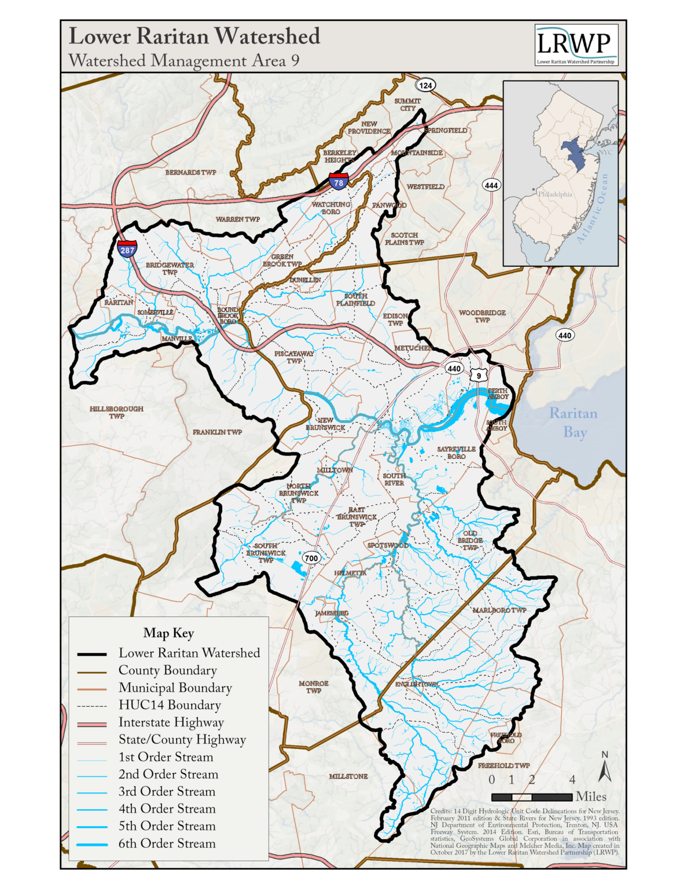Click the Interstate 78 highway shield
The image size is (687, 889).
[x=339, y=181]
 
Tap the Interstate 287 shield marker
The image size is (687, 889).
[x=127, y=249]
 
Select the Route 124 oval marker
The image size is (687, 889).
[x=425, y=85]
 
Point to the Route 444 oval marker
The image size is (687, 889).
[x=491, y=185]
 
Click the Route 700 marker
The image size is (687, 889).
[x=311, y=558]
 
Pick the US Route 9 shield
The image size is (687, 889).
[x=479, y=375]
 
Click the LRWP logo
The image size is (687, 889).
[x=576, y=45]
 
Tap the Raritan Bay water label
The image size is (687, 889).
[x=574, y=423]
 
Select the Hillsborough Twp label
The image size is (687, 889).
[x=116, y=412]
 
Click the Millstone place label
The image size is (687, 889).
[x=348, y=776]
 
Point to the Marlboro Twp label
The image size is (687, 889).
[x=499, y=610]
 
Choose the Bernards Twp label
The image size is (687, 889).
[x=190, y=172]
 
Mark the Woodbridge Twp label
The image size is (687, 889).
[x=482, y=316]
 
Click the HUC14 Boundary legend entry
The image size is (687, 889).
[x=170, y=705]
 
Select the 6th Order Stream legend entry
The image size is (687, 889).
[x=167, y=844]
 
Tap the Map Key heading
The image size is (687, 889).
[x=168, y=633]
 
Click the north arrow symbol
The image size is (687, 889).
[x=605, y=768]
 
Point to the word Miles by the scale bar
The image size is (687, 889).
[x=591, y=797]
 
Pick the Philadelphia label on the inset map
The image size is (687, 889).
[x=554, y=194]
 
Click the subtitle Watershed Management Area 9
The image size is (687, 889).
[x=183, y=61]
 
